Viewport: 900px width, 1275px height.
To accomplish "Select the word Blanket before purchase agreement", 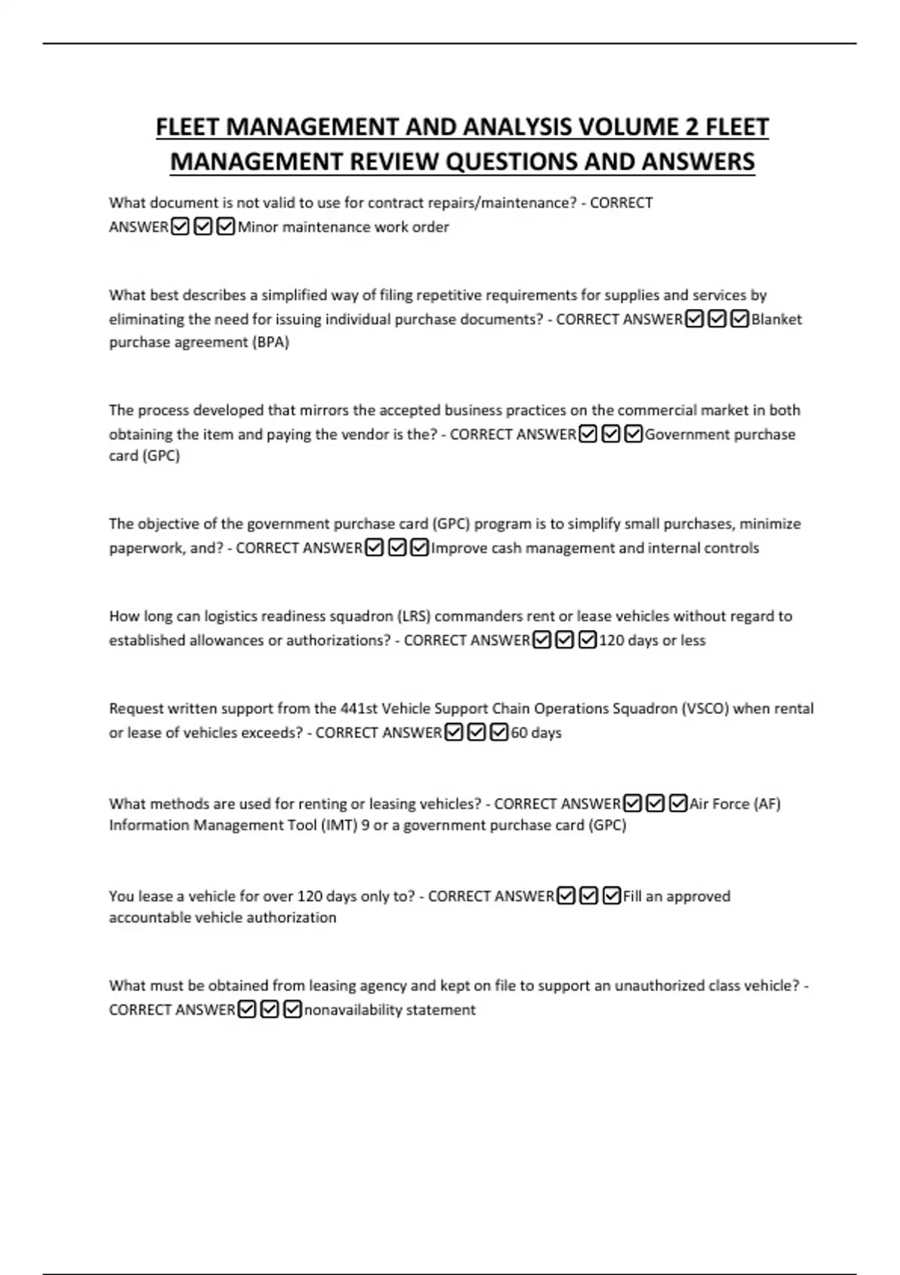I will (x=776, y=319).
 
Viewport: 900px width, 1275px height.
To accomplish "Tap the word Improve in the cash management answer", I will (x=458, y=548).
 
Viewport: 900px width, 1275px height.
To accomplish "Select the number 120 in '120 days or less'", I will (x=612, y=640).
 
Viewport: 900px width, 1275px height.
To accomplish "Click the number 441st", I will (x=358, y=709).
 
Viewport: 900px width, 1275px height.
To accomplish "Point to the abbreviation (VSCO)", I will (x=705, y=709).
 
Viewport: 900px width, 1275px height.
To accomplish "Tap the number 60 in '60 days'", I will (x=519, y=733).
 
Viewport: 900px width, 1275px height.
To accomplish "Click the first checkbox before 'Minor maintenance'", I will (x=180, y=226).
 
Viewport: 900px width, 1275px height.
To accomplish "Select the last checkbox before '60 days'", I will (x=499, y=732).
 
